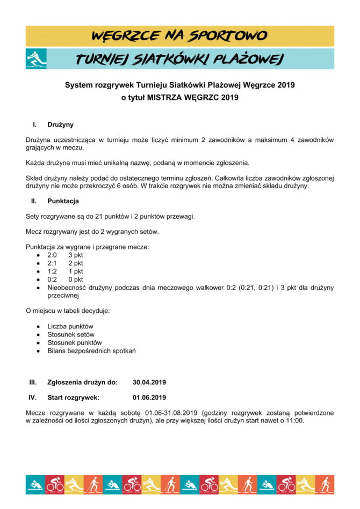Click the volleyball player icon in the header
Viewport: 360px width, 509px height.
click(x=36, y=59)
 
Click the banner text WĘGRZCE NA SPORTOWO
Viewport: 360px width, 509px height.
click(x=180, y=36)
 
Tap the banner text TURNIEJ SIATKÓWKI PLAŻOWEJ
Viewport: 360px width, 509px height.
click(x=179, y=60)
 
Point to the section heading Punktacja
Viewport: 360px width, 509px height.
click(x=63, y=201)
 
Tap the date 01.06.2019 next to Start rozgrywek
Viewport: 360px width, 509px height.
click(x=149, y=398)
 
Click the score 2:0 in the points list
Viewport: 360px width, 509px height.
click(x=52, y=255)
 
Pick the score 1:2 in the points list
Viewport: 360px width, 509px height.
click(x=52, y=271)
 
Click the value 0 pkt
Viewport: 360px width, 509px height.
click(x=75, y=279)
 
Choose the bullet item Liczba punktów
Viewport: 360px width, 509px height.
click(x=70, y=326)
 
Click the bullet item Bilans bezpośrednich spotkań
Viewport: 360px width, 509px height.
click(x=91, y=350)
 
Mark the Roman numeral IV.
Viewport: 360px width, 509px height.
click(x=33, y=398)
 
